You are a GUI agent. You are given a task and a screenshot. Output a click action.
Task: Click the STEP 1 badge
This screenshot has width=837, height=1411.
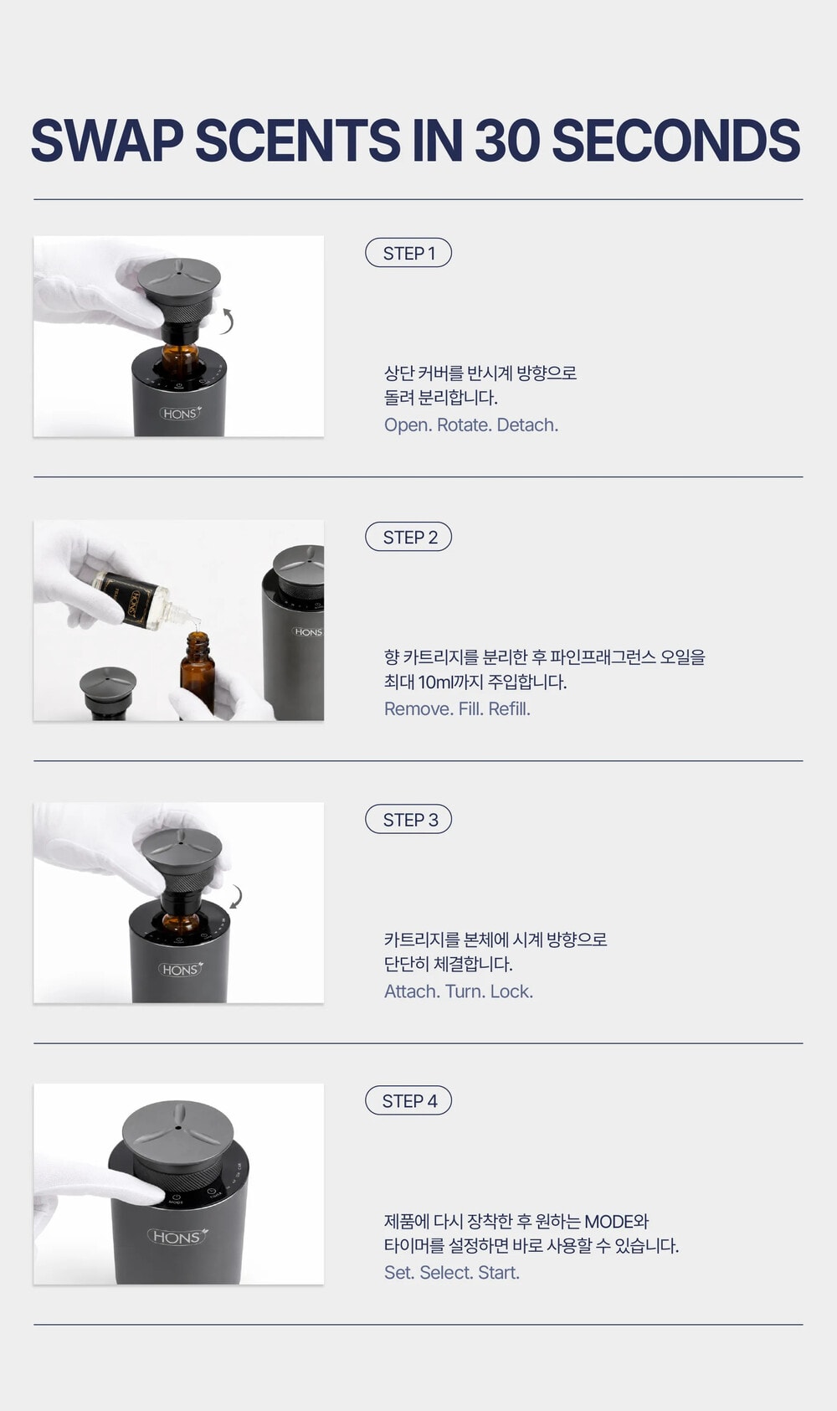pyautogui.click(x=408, y=253)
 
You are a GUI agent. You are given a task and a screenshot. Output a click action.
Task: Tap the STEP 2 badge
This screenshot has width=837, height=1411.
pyautogui.click(x=408, y=537)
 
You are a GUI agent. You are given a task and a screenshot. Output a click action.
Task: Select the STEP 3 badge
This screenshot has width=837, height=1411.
pyautogui.click(x=408, y=819)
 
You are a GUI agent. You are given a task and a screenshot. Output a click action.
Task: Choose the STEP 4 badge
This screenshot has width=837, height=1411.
pyautogui.click(x=408, y=1100)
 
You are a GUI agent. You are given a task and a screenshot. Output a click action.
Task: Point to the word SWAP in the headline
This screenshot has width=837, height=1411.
pyautogui.click(x=107, y=140)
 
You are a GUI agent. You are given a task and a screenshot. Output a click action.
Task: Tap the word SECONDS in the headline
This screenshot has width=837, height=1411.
pyautogui.click(x=675, y=140)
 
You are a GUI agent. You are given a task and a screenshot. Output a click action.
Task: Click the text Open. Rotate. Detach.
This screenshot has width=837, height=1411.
pyautogui.click(x=471, y=425)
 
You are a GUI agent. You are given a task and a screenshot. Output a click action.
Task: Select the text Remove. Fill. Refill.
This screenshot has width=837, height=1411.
pyautogui.click(x=457, y=709)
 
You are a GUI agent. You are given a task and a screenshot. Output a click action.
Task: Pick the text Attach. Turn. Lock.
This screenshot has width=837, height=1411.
pyautogui.click(x=459, y=991)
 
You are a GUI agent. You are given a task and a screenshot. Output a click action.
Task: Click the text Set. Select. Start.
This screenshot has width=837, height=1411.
pyautogui.click(x=452, y=1273)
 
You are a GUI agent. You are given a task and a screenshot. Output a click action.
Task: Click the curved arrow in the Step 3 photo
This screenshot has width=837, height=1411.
pyautogui.click(x=237, y=897)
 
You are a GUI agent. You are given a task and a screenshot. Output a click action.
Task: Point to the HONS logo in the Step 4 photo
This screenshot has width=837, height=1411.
pyautogui.click(x=177, y=1237)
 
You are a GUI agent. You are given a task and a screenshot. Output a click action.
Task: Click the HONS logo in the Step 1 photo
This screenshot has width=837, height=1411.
pyautogui.click(x=180, y=413)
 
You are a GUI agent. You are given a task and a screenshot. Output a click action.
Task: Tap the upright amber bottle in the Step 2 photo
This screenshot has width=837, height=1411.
pyautogui.click(x=198, y=674)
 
